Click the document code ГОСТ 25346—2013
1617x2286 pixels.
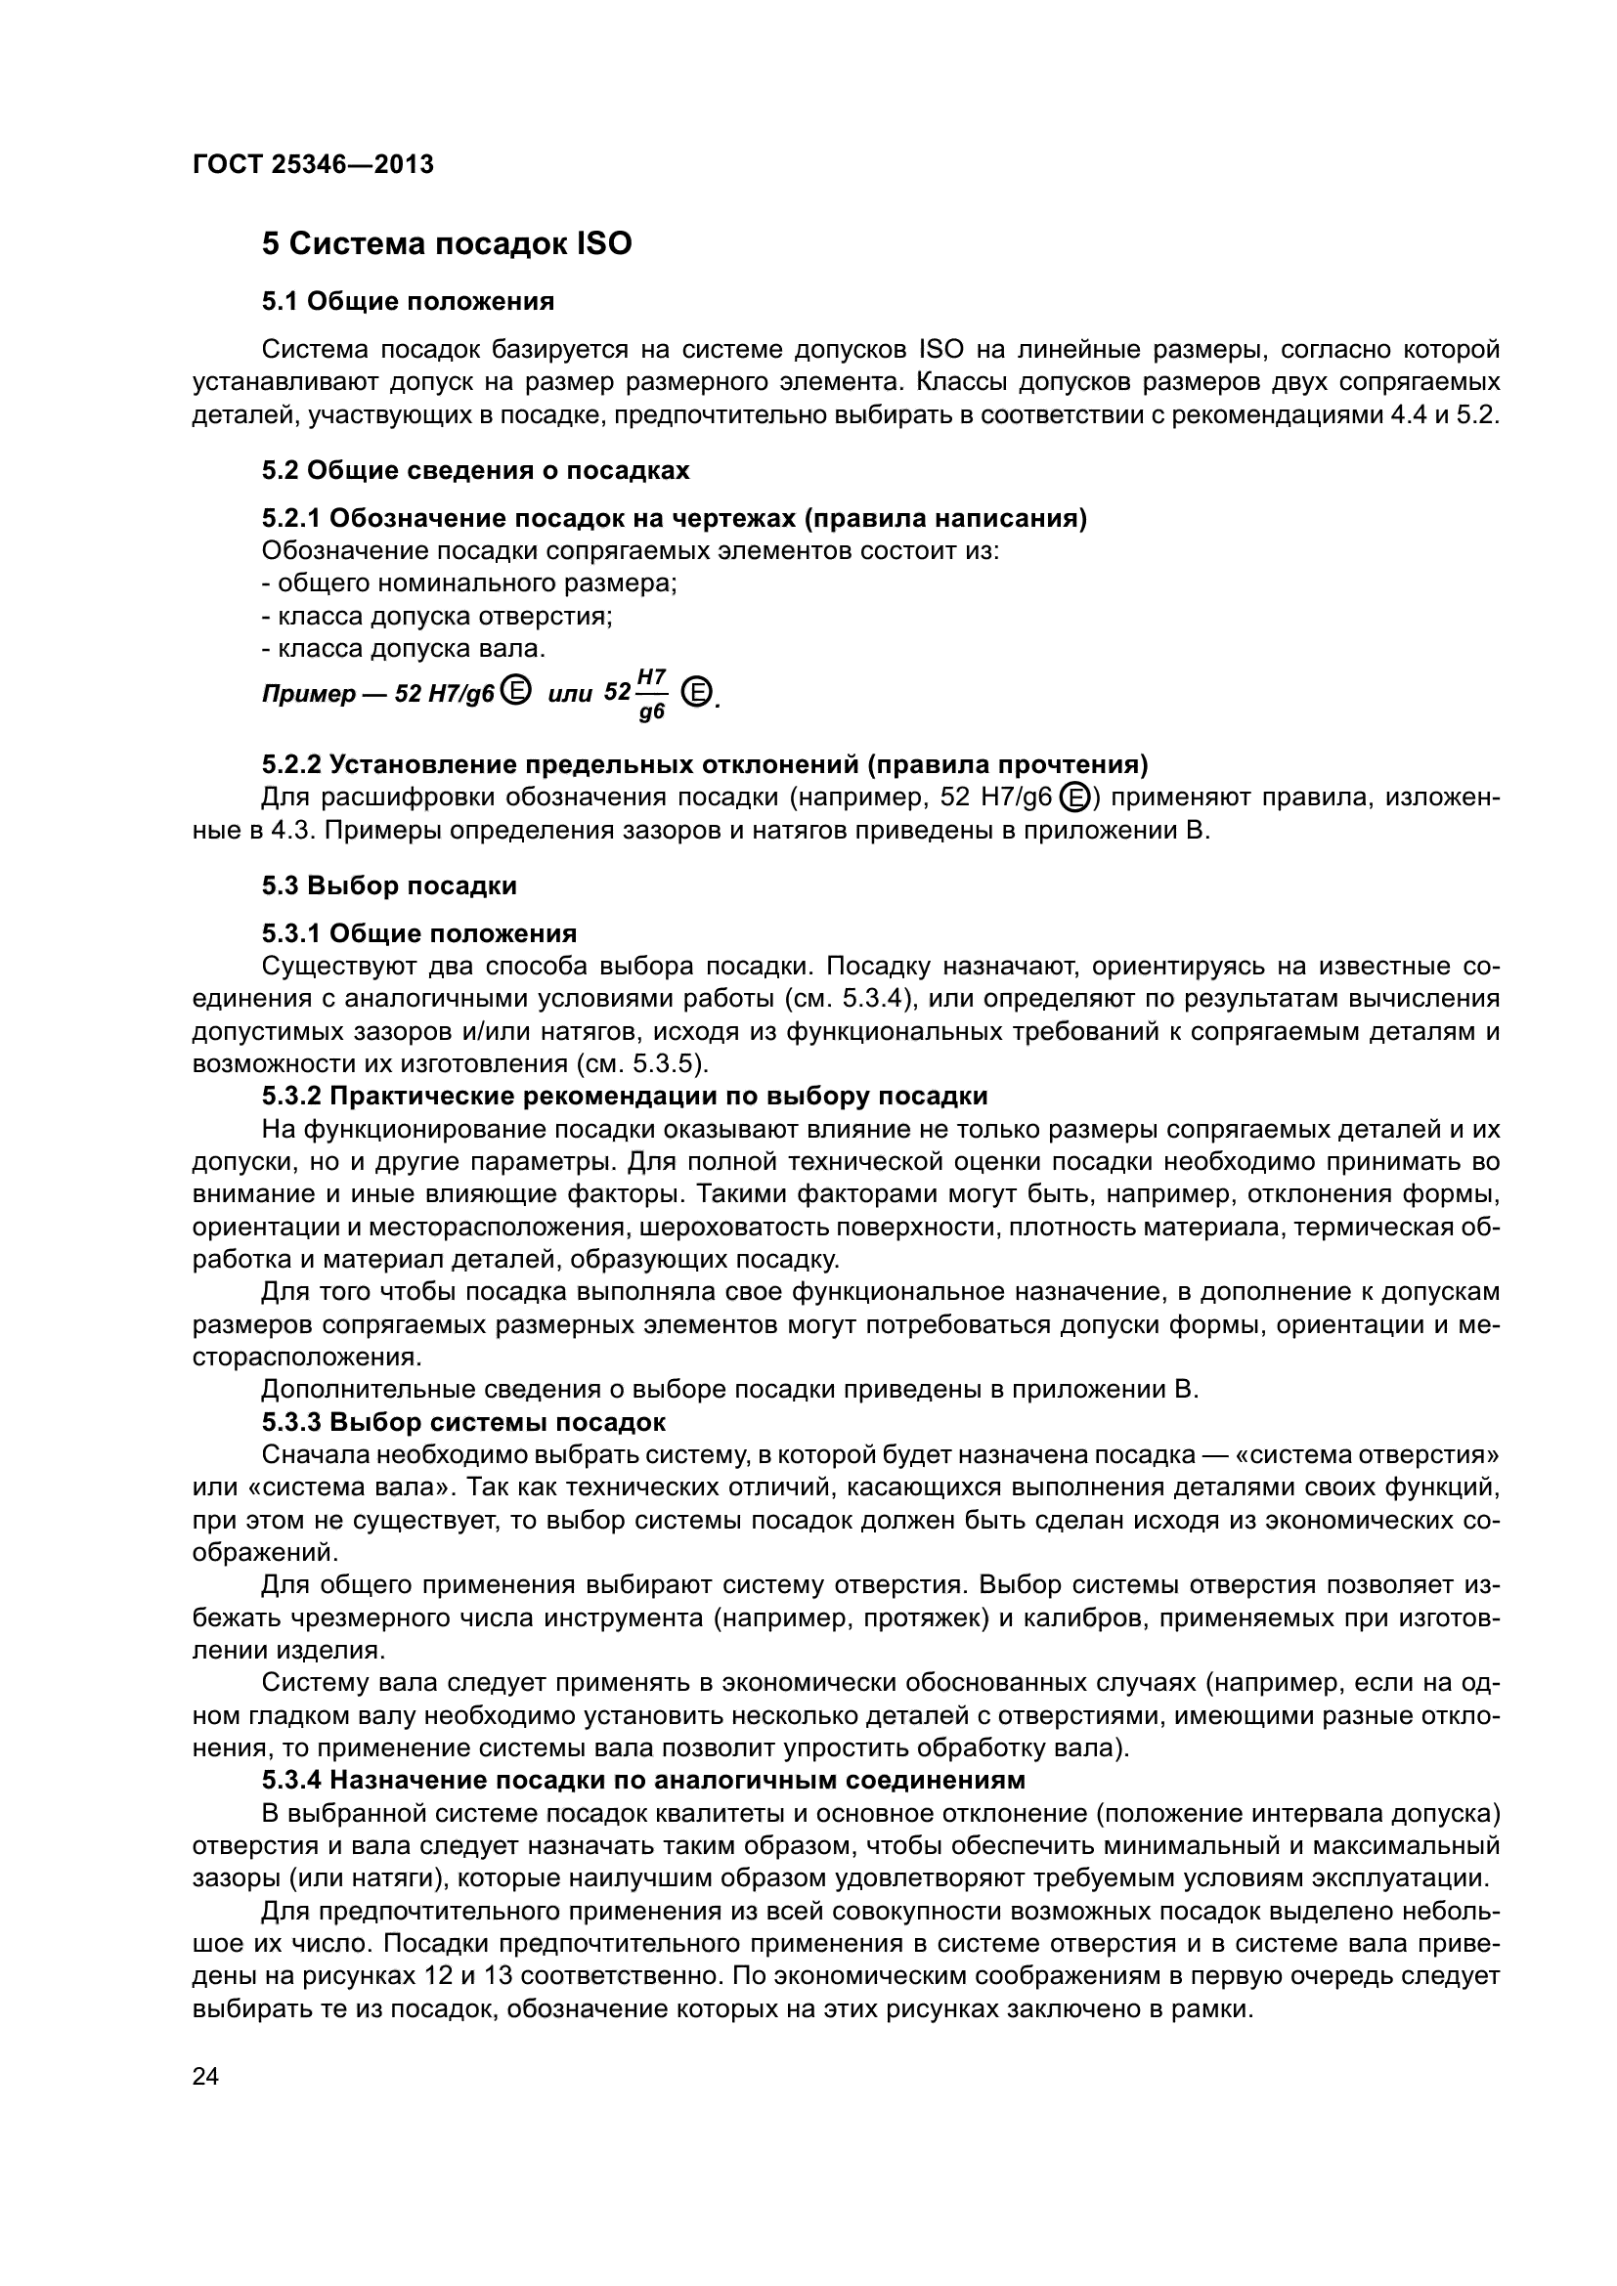coord(313,164)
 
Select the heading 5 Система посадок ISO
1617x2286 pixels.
coord(446,244)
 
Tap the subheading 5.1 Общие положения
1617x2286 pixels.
coord(409,301)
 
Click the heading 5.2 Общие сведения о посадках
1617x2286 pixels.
coord(475,470)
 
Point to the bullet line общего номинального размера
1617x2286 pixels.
coord(469,583)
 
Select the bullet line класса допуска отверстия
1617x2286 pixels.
coord(437,617)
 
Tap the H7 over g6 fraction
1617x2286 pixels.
coord(651,694)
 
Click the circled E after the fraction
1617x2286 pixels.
coord(700,691)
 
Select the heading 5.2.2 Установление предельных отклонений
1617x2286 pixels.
coord(704,764)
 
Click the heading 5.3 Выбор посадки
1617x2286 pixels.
coord(389,885)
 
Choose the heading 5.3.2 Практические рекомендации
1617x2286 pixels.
coord(625,1097)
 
